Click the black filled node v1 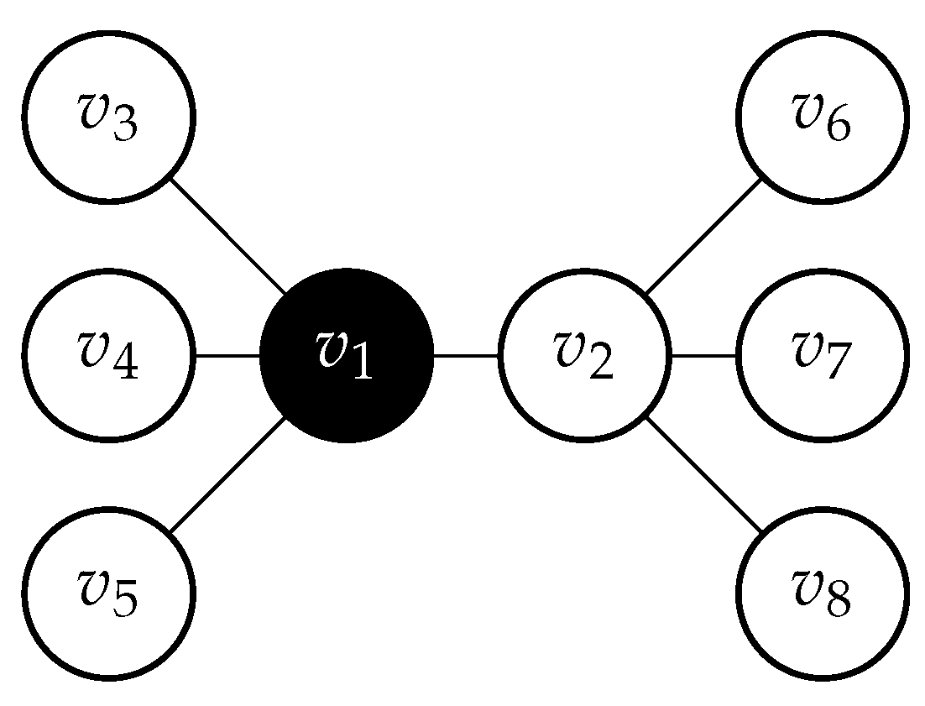tap(347, 355)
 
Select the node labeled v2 tap(584, 355)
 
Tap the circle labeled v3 tap(108, 118)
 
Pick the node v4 tap(108, 355)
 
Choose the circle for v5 tap(108, 593)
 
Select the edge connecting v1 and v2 tap(466, 355)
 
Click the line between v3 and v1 tap(227, 236)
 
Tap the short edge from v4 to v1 tap(227, 355)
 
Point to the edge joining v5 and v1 tap(227, 474)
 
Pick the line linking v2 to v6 tap(703, 236)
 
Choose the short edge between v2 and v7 tap(703, 355)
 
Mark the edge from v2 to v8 tap(703, 474)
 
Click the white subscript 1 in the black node tap(362, 366)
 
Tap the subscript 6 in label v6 tap(838, 128)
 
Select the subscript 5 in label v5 tap(124, 604)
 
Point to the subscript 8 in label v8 tap(838, 604)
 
